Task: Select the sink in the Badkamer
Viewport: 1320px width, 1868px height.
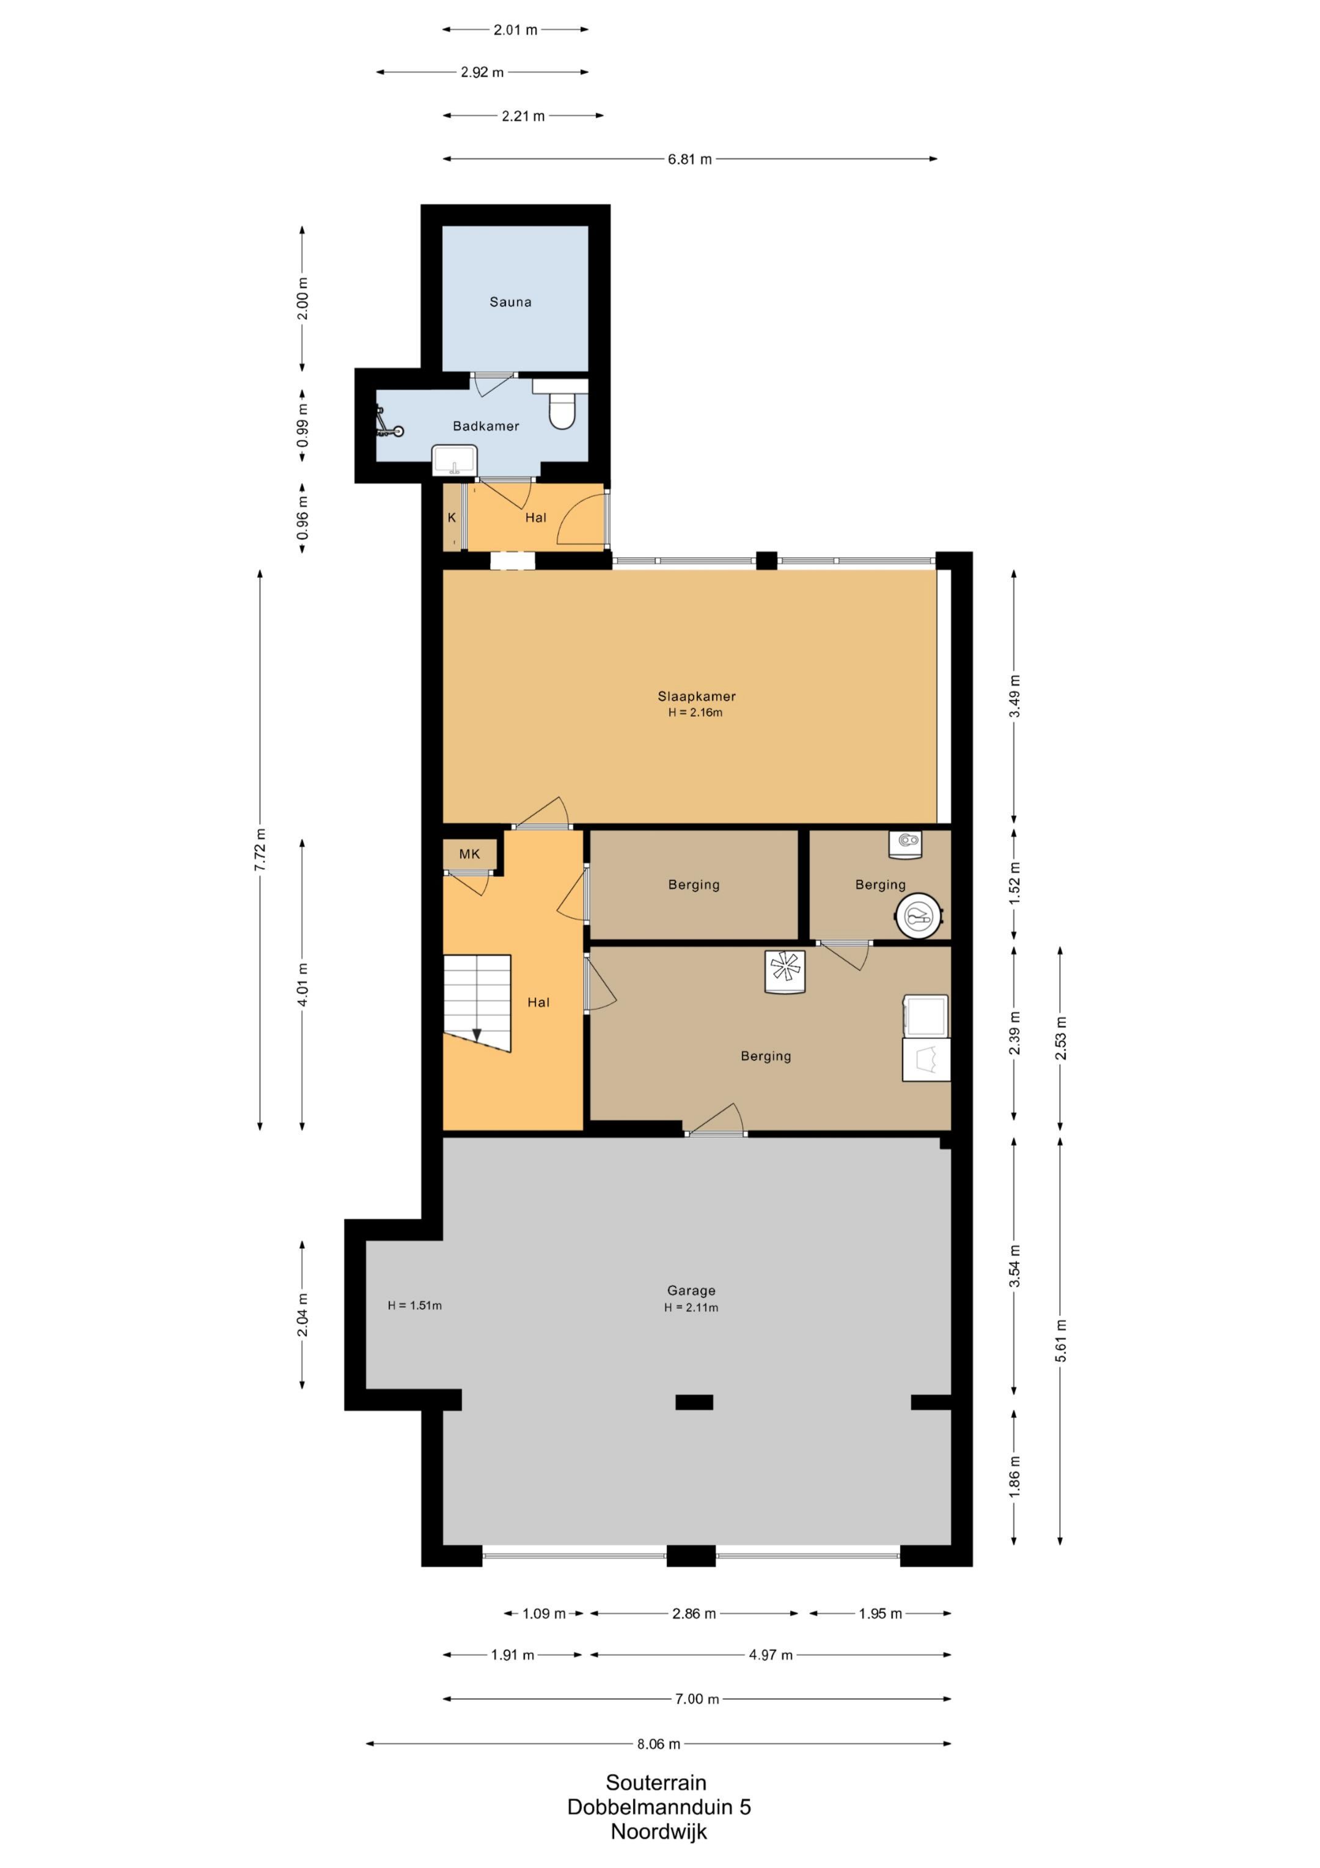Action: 455,460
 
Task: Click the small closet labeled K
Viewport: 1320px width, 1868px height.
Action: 452,517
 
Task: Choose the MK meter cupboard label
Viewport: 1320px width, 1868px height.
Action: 469,854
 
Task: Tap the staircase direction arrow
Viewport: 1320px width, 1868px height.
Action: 477,1035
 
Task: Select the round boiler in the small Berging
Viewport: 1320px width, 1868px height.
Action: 919,917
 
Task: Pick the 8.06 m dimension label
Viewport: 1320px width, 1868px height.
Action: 659,1743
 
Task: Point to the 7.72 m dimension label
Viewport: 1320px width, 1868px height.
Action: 260,849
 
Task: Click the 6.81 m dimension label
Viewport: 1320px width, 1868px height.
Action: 690,160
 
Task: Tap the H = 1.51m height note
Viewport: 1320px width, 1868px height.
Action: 415,1306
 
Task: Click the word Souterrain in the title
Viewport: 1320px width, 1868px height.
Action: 656,1782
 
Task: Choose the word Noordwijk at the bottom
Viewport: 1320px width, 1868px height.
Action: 659,1831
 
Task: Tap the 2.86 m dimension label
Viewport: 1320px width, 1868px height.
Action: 694,1614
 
